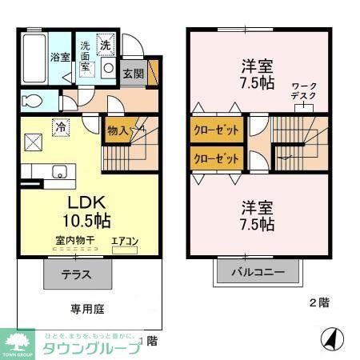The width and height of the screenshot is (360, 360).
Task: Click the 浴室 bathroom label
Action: click(x=59, y=57)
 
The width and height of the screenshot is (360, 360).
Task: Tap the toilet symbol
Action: click(x=33, y=101)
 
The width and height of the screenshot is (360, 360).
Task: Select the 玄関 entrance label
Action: click(x=133, y=74)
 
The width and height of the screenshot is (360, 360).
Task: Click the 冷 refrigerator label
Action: click(x=60, y=126)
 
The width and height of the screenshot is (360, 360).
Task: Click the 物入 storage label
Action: click(x=119, y=129)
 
